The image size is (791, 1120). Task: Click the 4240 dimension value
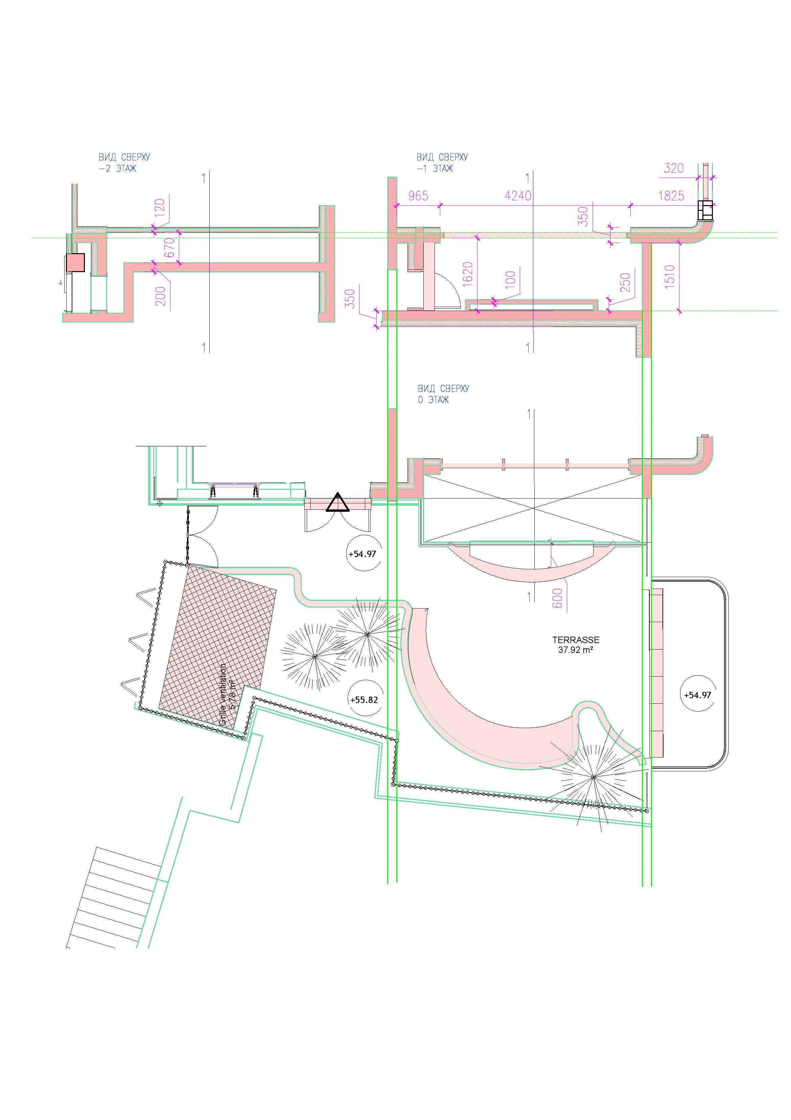click(x=518, y=196)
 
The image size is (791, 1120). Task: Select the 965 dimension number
click(x=418, y=196)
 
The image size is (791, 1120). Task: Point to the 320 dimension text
click(x=674, y=168)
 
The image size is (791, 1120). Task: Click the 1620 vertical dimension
click(x=467, y=276)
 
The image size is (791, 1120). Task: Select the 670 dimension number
click(x=169, y=249)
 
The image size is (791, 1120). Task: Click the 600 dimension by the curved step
click(x=558, y=598)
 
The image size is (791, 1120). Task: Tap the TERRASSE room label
click(x=576, y=640)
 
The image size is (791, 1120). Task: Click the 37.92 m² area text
click(x=576, y=650)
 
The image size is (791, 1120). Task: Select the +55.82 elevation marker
click(x=364, y=700)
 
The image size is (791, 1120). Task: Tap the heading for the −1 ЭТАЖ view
click(x=442, y=163)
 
